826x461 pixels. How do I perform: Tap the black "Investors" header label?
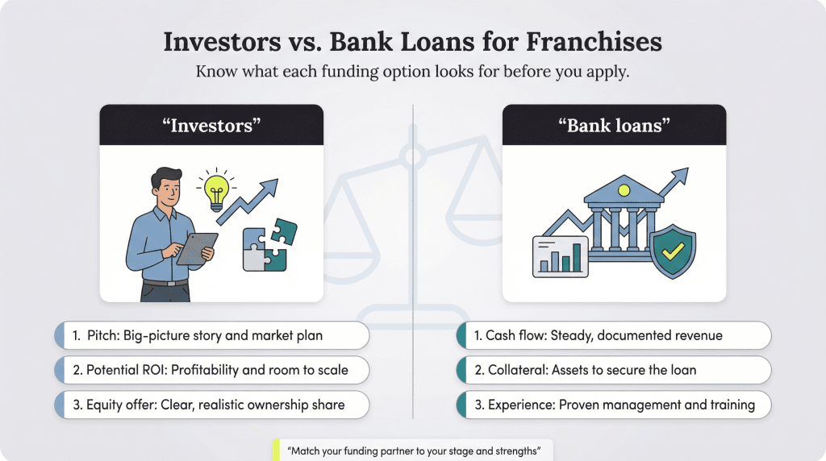click(211, 126)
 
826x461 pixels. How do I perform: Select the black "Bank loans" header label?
click(614, 126)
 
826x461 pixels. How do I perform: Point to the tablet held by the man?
click(196, 248)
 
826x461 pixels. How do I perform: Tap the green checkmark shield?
click(672, 252)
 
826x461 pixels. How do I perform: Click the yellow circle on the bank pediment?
click(623, 190)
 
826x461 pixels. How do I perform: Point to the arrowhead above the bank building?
click(682, 174)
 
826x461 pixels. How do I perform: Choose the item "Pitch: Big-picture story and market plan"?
click(212, 335)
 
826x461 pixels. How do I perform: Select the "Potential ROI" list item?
click(212, 370)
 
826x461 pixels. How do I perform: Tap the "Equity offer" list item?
click(212, 405)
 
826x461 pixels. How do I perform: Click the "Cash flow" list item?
click(614, 335)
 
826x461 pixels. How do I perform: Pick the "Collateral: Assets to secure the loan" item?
click(614, 370)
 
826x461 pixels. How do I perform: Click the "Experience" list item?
click(614, 405)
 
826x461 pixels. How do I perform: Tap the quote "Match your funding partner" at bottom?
click(413, 450)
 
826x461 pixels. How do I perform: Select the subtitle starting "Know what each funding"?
click(413, 72)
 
